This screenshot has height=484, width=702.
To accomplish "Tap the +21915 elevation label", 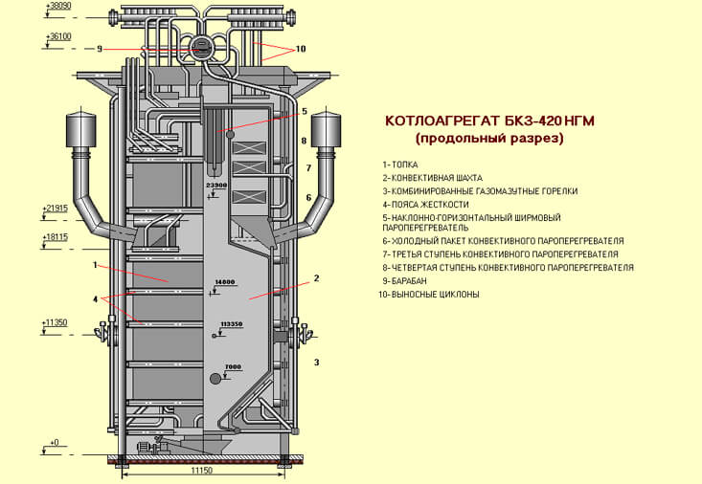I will [x=57, y=208].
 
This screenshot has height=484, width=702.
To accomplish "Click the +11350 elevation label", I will [x=57, y=323].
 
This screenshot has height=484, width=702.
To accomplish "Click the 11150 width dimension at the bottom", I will [x=202, y=472].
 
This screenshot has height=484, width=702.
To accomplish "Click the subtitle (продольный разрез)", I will [x=489, y=140].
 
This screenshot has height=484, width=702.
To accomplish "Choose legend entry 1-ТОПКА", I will [x=399, y=165].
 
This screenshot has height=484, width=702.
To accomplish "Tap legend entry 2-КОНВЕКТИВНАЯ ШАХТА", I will [x=432, y=178].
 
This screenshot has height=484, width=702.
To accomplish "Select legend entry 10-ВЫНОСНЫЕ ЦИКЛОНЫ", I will [x=429, y=295].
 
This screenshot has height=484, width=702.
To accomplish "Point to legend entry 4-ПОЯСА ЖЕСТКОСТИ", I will [x=425, y=204].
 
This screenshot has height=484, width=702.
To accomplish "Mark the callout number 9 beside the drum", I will [x=99, y=49].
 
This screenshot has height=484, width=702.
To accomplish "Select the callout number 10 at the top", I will [x=301, y=49].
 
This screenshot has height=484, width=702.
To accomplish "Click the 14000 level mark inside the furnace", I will [x=225, y=282].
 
